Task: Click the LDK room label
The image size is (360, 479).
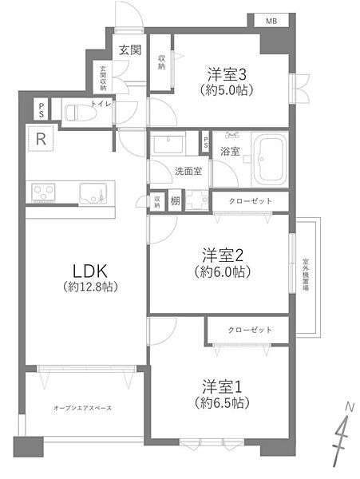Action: pyautogui.click(x=77, y=270)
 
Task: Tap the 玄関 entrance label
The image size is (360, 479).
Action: pyautogui.click(x=130, y=50)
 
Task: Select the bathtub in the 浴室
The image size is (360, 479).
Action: pyautogui.click(x=271, y=158)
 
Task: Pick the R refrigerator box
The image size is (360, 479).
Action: pyautogui.click(x=40, y=139)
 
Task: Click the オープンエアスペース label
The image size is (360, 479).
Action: pyautogui.click(x=82, y=408)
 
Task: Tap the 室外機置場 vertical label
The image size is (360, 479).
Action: pyautogui.click(x=306, y=276)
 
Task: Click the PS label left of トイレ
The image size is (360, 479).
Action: pyautogui.click(x=41, y=109)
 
